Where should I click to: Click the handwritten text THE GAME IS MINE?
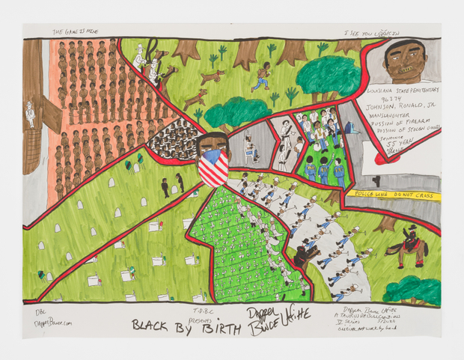coord(74,32)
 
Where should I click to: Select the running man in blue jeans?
coord(261,78)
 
